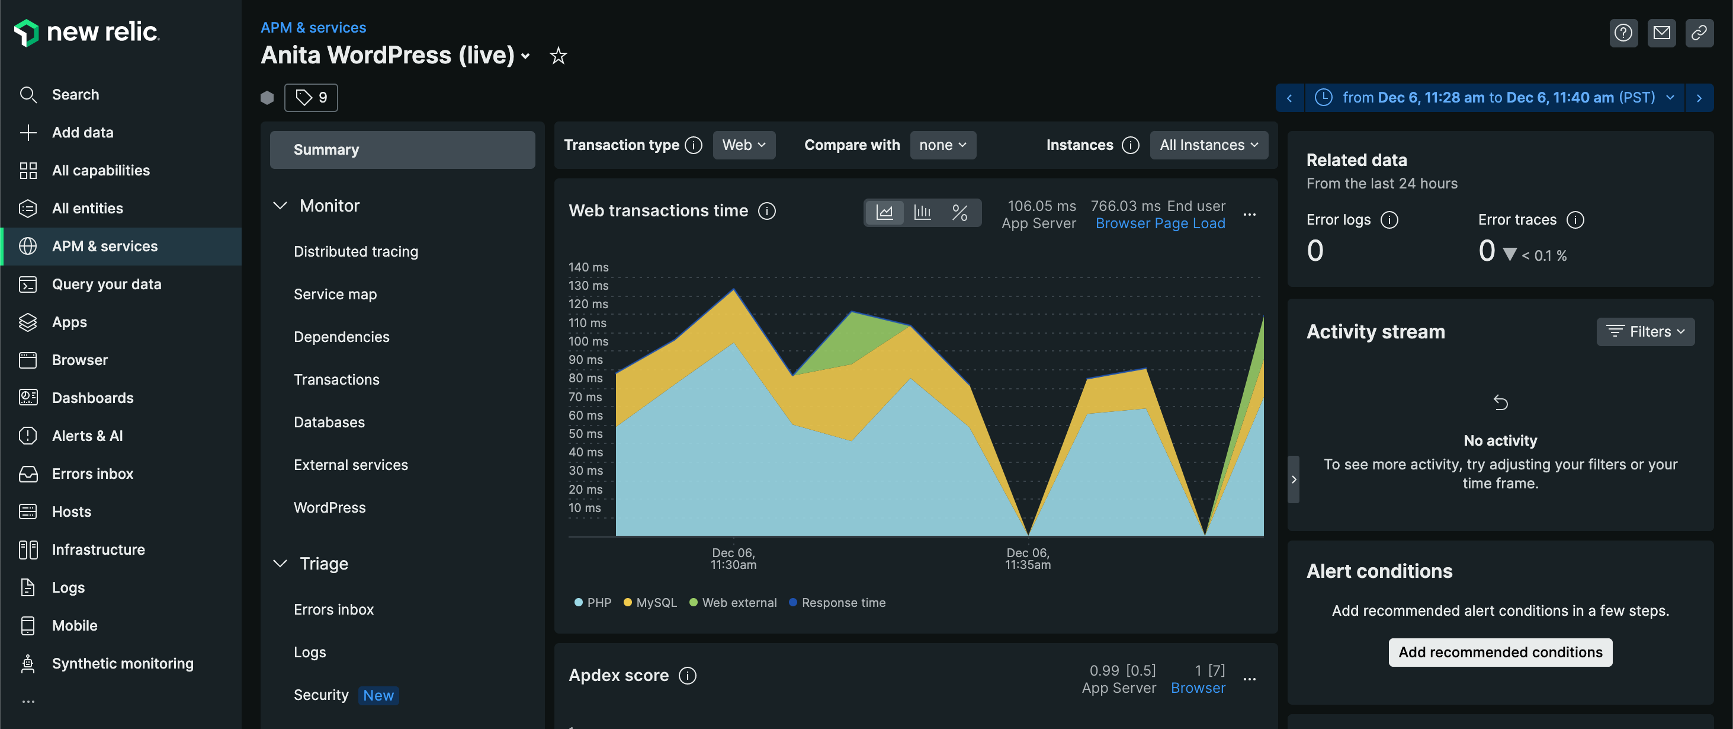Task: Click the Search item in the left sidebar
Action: point(75,95)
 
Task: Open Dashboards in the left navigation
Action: point(92,398)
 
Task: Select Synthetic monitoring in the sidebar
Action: point(122,663)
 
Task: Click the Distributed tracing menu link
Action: point(355,251)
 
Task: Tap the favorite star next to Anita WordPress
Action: point(558,56)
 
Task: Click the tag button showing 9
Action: point(311,98)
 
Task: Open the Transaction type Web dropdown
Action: point(743,145)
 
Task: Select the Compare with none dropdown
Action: point(942,145)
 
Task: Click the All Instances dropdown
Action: point(1208,145)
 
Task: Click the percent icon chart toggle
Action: point(959,213)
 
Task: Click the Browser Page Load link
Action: point(1160,223)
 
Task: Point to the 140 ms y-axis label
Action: point(588,267)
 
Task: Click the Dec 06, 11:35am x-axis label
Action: point(1027,559)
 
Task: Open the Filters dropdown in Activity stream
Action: point(1645,332)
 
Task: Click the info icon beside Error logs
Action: point(1388,220)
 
